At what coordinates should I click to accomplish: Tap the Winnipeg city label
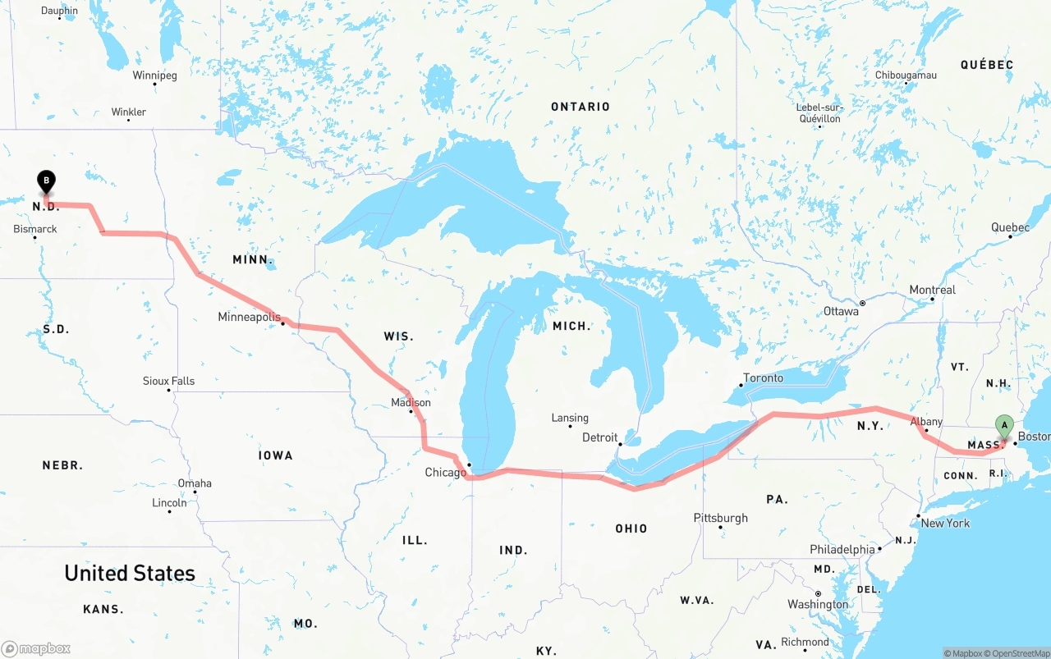click(x=154, y=76)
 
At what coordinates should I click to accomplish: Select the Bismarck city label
click(x=35, y=229)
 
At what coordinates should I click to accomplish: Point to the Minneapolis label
click(x=249, y=317)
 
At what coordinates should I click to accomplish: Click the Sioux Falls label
click(x=168, y=381)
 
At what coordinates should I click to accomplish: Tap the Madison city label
click(x=411, y=403)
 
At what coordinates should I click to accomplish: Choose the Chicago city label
click(x=445, y=473)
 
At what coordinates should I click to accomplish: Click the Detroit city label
click(x=599, y=437)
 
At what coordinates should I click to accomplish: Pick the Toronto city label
click(x=763, y=378)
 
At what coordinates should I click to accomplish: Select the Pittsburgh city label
click(x=720, y=518)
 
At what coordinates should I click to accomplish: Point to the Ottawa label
click(x=841, y=312)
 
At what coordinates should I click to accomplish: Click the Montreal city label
click(x=932, y=291)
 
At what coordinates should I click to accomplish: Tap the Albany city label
click(x=925, y=422)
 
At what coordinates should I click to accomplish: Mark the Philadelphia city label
click(x=842, y=549)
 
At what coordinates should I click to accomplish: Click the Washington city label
click(x=818, y=605)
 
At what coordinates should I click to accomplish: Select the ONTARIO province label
click(x=581, y=107)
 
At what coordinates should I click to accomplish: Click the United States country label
click(x=130, y=573)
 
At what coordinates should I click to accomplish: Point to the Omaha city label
click(x=195, y=483)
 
